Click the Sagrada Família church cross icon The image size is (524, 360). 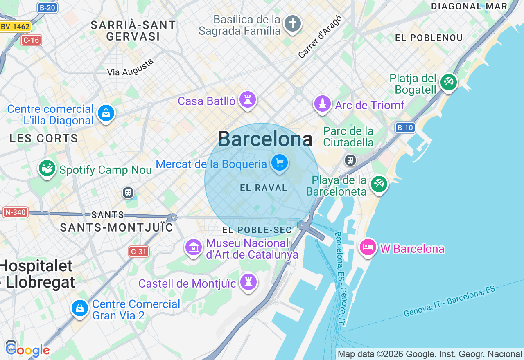click(x=292, y=24)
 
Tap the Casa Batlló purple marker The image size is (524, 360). click(x=248, y=99)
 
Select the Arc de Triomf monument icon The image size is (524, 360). click(x=323, y=103)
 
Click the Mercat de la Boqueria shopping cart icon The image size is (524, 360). click(x=280, y=163)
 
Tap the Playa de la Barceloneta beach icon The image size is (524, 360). click(x=379, y=184)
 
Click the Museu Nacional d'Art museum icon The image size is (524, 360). click(x=194, y=247)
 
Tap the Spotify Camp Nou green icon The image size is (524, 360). click(x=47, y=168)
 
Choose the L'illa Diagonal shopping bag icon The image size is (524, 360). click(x=106, y=113)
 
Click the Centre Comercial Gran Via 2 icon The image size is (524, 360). click(x=79, y=308)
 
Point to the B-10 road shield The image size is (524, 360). click(x=405, y=128)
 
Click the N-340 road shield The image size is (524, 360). click(x=15, y=212)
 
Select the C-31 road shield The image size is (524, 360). click(x=138, y=252)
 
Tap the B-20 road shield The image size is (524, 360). click(x=47, y=7)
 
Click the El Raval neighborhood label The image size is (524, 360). click(x=264, y=188)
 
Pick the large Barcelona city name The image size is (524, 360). click(x=265, y=139)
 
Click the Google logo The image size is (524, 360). click(x=27, y=350)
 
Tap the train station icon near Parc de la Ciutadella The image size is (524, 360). click(x=350, y=160)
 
